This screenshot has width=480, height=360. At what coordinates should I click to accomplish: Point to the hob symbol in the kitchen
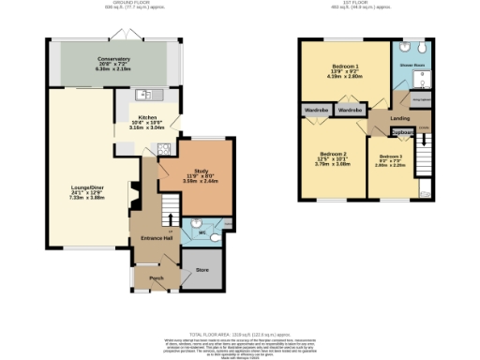tap(163, 147)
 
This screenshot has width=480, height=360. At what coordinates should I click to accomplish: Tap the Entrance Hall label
tap(156, 237)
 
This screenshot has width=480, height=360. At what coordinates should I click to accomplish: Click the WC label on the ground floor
tap(201, 232)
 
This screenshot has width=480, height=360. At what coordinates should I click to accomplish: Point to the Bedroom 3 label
tap(391, 157)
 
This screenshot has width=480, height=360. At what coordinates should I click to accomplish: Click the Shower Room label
tap(413, 67)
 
